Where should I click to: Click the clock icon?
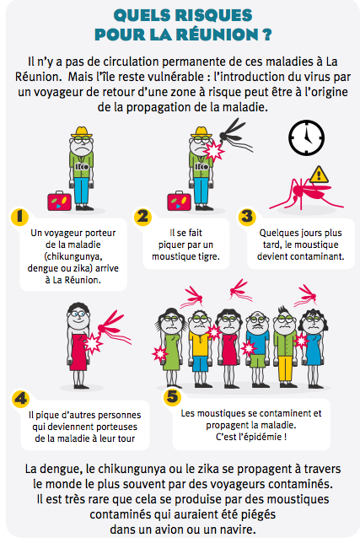tap(306, 137)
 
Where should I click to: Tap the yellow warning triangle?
tap(320, 175)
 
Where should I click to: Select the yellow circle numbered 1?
tap(19, 217)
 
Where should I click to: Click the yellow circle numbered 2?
tap(143, 217)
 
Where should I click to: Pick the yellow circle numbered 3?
tap(246, 217)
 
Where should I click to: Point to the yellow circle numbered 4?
tap(21, 399)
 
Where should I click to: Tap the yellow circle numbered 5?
tap(172, 396)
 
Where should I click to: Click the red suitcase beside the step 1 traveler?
tap(59, 201)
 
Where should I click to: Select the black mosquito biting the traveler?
tap(234, 135)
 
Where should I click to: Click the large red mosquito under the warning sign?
tap(304, 194)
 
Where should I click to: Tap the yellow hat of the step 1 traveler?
tap(82, 132)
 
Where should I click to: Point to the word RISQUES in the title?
tap(213, 15)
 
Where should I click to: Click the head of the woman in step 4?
tap(78, 316)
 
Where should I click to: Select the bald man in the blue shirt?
tap(257, 349)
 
